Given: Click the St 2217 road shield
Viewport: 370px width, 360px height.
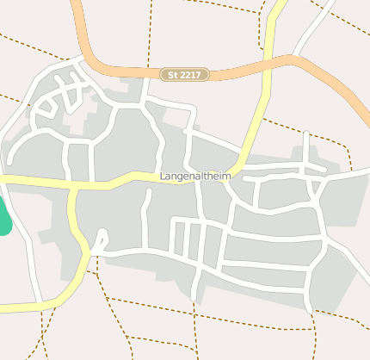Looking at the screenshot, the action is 185,76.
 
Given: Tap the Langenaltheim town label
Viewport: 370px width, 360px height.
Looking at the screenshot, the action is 196,177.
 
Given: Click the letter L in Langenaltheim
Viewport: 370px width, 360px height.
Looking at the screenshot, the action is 163,177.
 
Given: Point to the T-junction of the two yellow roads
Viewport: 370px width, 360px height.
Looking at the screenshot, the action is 73,185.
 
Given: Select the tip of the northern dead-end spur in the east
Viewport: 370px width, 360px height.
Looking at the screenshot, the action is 306,134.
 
